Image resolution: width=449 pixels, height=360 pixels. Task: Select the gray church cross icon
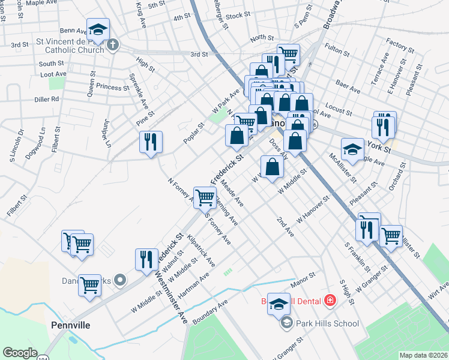[x=112, y=44]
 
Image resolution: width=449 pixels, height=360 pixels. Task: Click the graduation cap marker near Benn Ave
[x=98, y=29]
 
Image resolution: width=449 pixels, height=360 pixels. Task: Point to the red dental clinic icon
[x=329, y=299]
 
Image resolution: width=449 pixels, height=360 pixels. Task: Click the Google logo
[x=20, y=353]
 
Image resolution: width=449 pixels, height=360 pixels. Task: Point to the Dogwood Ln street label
[x=36, y=143]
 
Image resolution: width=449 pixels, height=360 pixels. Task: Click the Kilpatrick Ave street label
[x=202, y=251]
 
